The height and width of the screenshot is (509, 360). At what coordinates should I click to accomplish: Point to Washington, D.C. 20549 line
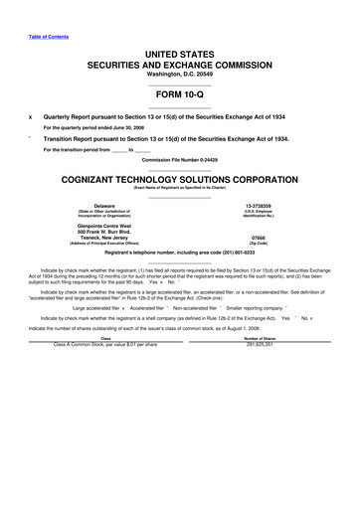179,73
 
